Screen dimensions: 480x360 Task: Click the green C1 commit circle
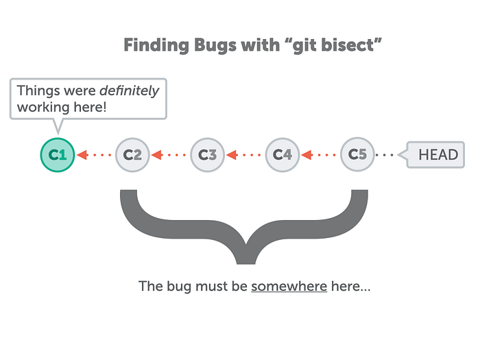58,155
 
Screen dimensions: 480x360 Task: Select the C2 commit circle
132,155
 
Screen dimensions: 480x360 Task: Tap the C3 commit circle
208,155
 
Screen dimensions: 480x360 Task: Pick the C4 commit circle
283,155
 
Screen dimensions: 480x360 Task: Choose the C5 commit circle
357,154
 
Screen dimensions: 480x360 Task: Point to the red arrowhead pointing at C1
82,155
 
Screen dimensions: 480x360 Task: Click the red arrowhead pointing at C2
157,155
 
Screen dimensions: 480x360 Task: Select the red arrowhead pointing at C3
232,155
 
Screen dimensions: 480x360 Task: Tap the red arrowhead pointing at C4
307,155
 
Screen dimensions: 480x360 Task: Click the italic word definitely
130,91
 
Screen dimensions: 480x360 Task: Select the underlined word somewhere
289,287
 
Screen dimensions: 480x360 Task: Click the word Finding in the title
156,46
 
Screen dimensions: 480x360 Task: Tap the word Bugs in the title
215,46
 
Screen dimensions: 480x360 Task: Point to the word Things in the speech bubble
38,91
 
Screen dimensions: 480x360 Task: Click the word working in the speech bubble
43,108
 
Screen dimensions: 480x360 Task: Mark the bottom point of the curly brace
245,263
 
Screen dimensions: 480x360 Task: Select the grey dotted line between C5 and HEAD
385,155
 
